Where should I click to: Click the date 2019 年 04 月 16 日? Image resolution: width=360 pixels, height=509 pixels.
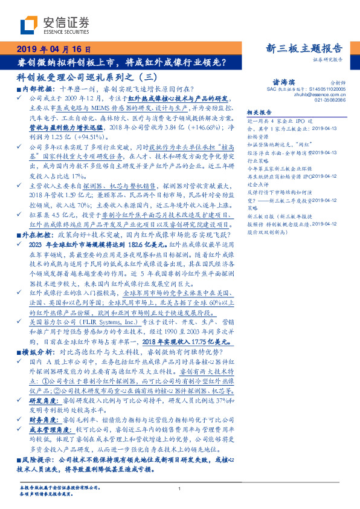point(53,50)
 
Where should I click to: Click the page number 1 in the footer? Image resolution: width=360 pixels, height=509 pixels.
point(179,488)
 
